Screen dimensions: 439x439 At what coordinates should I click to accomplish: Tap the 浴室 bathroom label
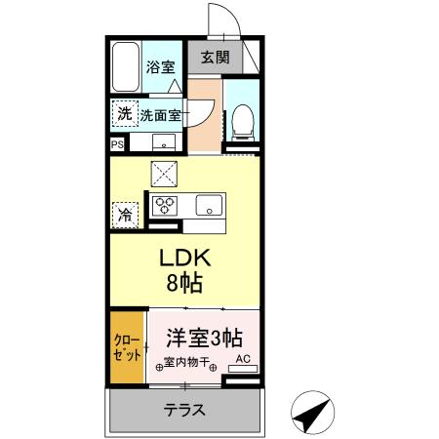(160, 67)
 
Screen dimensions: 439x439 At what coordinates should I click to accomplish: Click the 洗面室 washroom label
(160, 114)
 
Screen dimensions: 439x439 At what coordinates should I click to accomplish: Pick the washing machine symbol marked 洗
(124, 113)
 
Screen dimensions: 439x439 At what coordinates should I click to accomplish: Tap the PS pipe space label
(117, 144)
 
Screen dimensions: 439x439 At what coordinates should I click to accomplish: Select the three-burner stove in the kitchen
(163, 206)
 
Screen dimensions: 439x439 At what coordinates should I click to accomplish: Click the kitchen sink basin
(208, 206)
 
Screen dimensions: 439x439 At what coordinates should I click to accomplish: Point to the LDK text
(184, 261)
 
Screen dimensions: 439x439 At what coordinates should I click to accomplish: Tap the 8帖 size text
(184, 287)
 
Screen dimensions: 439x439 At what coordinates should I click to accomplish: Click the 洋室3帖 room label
(203, 339)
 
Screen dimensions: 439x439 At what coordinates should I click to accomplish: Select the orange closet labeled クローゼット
(127, 348)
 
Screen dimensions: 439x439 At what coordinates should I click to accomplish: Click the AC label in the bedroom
(243, 359)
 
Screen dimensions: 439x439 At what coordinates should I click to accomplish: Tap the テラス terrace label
(183, 410)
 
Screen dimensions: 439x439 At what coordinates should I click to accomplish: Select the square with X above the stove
(163, 174)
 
